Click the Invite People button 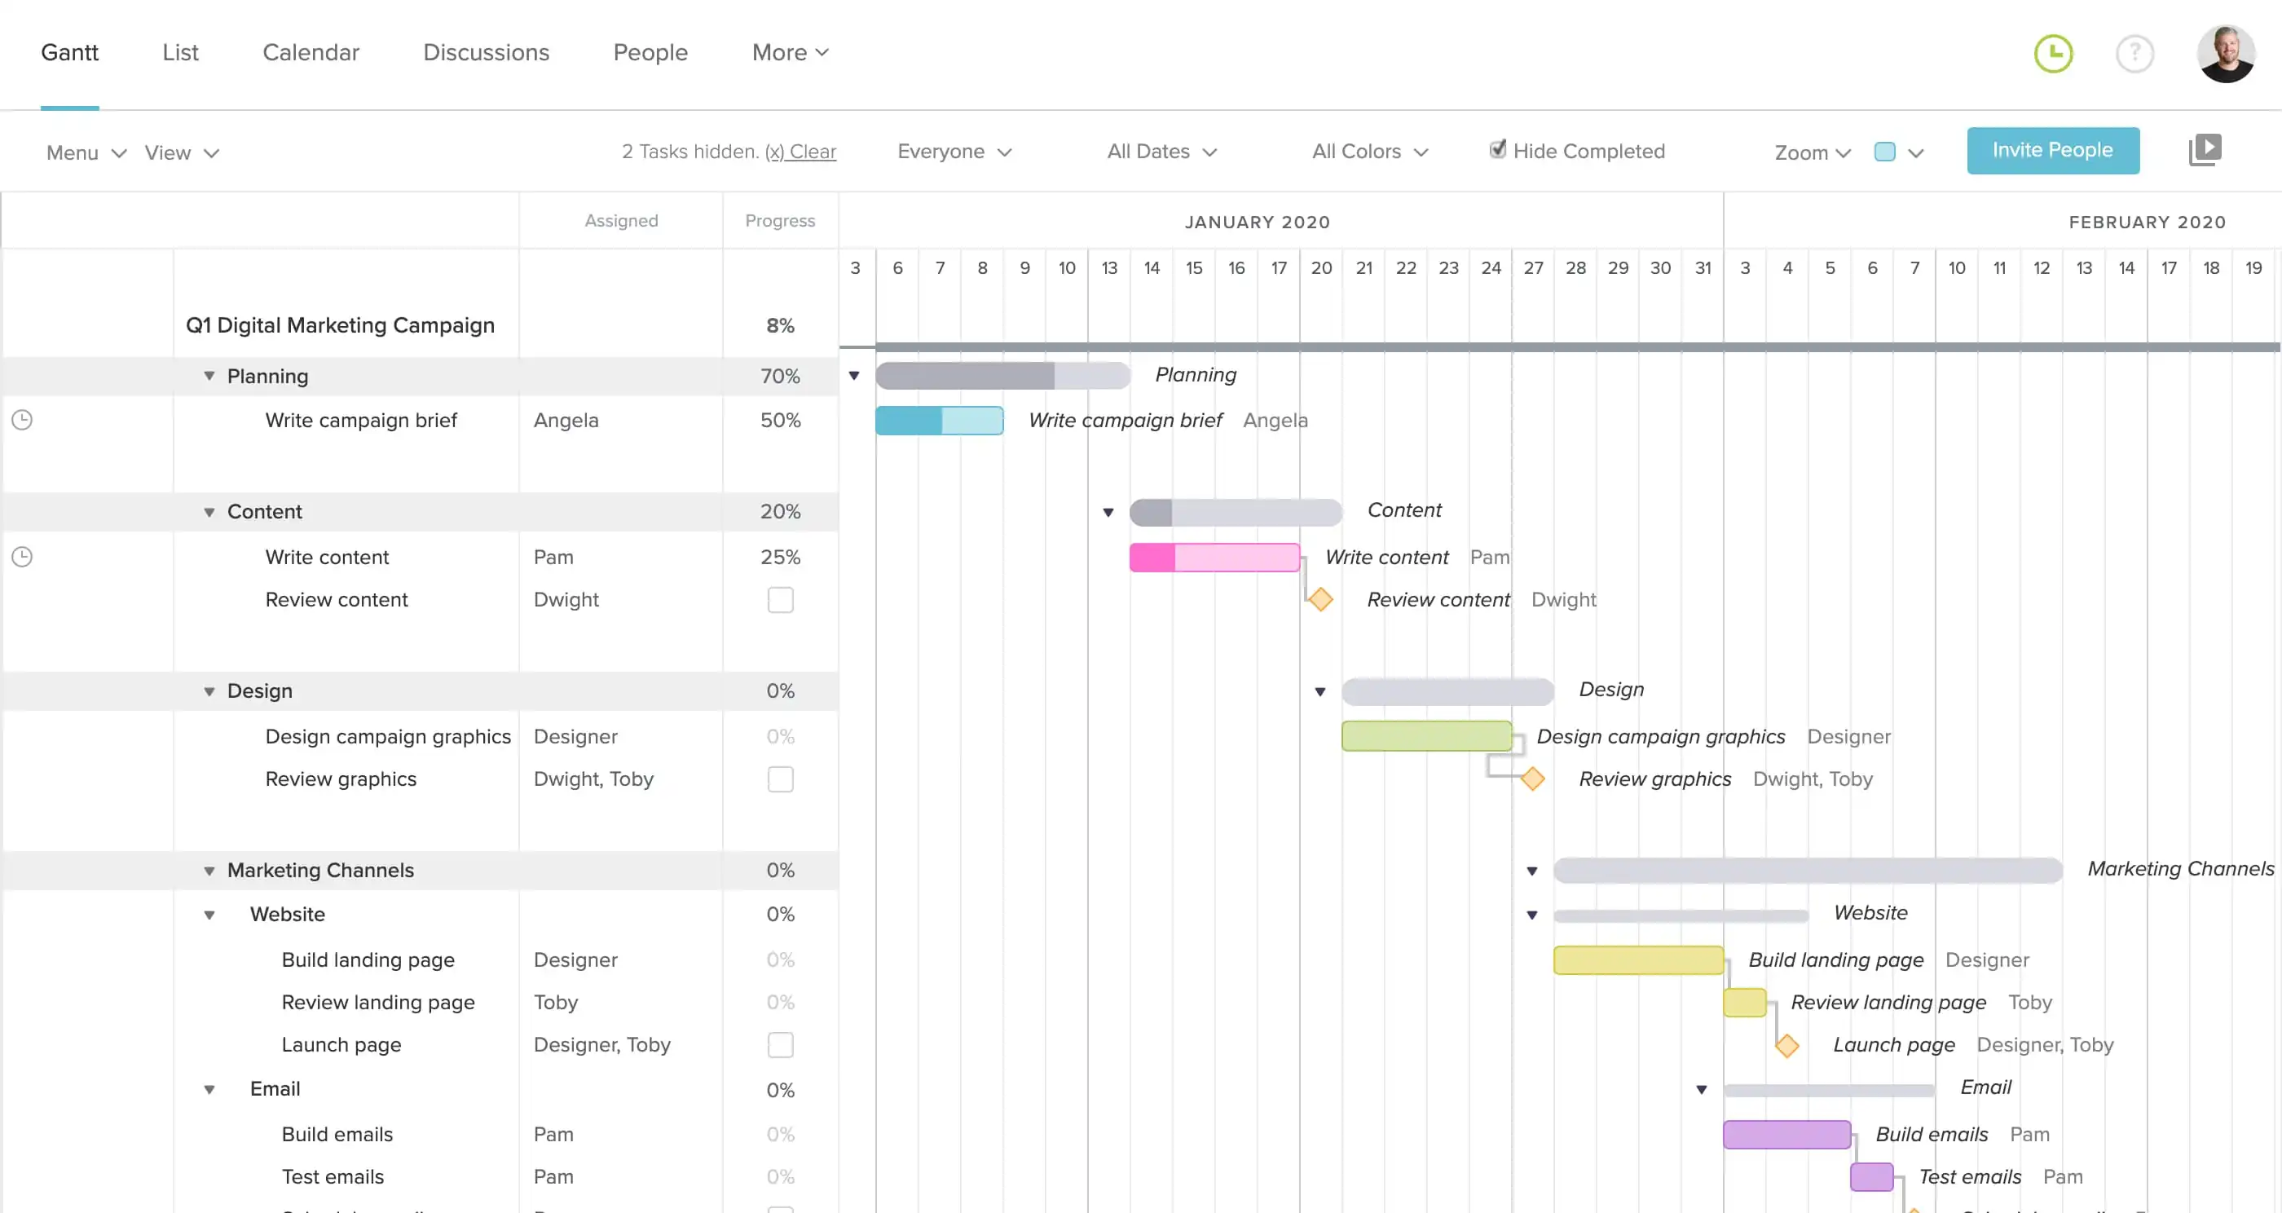tap(2051, 151)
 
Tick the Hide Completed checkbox tap(1497, 150)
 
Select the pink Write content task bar tap(1214, 558)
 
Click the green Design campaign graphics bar tap(1425, 735)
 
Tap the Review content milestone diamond tap(1320, 600)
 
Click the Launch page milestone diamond tap(1786, 1046)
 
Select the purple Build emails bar tap(1786, 1134)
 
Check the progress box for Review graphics tap(780, 779)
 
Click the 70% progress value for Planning tap(780, 377)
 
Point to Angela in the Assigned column tap(565, 420)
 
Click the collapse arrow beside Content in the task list tap(209, 512)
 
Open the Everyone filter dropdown tap(954, 152)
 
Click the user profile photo tap(2224, 54)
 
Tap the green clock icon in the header tap(2052, 54)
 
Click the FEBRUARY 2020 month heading tap(2147, 223)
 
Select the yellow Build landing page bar tap(1637, 959)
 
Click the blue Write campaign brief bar tap(938, 420)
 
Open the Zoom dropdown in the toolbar tap(1812, 152)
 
